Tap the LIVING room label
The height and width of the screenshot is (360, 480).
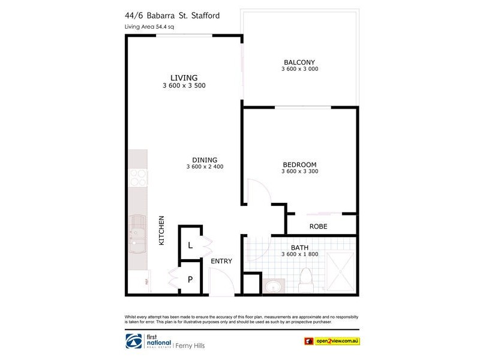184,77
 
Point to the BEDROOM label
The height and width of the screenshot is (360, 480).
299,164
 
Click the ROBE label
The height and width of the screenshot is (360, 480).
318,226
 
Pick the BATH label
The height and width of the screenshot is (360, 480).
299,247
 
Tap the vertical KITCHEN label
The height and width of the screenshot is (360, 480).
161,230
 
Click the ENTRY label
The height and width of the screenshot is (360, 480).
221,261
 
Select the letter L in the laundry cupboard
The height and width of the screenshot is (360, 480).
190,245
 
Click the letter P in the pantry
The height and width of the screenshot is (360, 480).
190,279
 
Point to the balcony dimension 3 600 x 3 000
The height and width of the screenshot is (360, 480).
299,69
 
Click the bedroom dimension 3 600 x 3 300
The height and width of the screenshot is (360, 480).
299,172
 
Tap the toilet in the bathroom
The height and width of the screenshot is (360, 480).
305,280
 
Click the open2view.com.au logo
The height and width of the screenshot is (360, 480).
331,341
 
